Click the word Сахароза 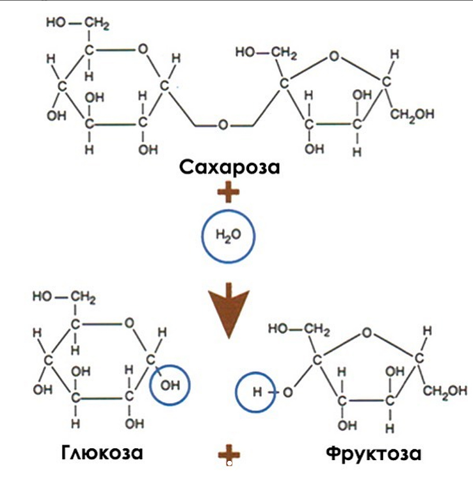pos(229,167)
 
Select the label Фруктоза pos(374,452)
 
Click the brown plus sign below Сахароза pos(228,192)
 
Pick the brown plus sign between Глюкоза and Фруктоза pos(228,456)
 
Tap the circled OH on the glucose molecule pos(169,385)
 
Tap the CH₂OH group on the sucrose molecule pos(412,114)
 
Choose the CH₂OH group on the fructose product pos(445,391)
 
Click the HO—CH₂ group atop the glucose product pos(64,297)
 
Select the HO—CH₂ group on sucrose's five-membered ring pos(266,54)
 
